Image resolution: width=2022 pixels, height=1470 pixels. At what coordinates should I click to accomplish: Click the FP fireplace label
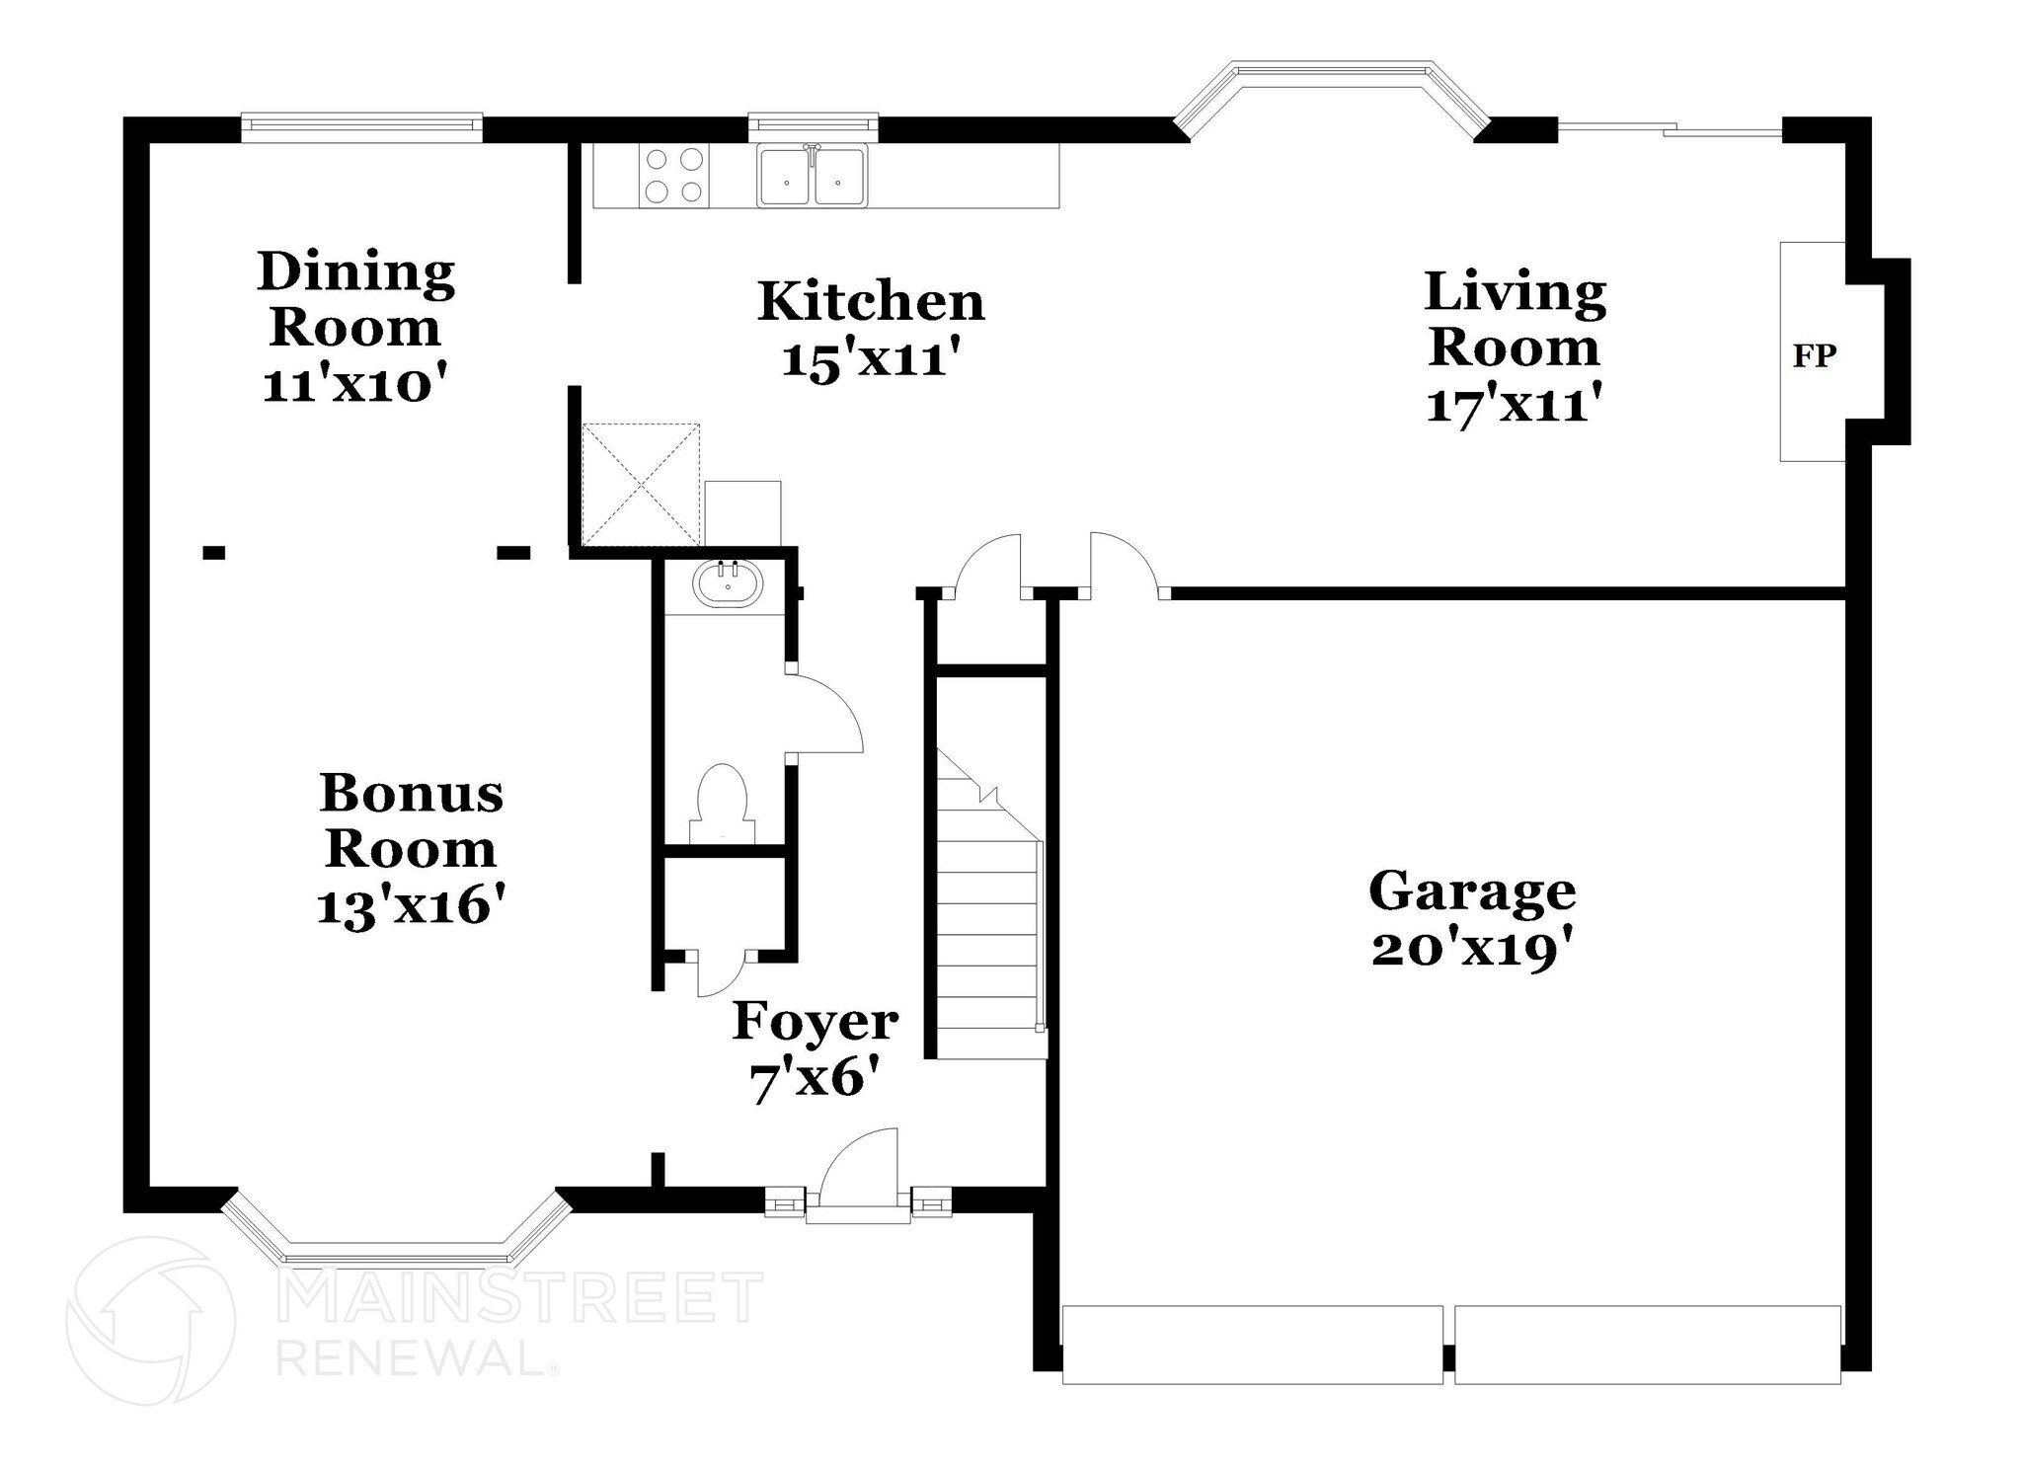point(1814,356)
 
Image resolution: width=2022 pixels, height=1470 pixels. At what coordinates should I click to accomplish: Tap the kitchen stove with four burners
point(673,176)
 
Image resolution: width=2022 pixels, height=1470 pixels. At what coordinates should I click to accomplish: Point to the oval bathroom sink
point(728,583)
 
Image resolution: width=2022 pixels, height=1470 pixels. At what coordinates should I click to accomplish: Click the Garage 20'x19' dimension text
point(1471,951)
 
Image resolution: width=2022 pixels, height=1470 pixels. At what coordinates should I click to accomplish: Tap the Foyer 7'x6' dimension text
point(815,1081)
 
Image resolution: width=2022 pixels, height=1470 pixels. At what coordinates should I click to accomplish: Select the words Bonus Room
point(411,820)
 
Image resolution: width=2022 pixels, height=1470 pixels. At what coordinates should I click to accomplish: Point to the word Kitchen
point(871,301)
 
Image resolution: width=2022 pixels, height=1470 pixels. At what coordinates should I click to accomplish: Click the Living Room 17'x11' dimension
point(1514,404)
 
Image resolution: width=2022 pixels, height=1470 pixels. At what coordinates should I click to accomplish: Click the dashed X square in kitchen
point(641,484)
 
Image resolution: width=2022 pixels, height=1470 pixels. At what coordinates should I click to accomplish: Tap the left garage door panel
point(1252,1345)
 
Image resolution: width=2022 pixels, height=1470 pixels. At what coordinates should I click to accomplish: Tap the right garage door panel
point(1647,1345)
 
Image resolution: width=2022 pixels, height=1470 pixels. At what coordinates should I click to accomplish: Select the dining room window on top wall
point(361,124)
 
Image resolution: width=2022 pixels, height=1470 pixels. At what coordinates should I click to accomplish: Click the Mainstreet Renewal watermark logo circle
point(150,1320)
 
